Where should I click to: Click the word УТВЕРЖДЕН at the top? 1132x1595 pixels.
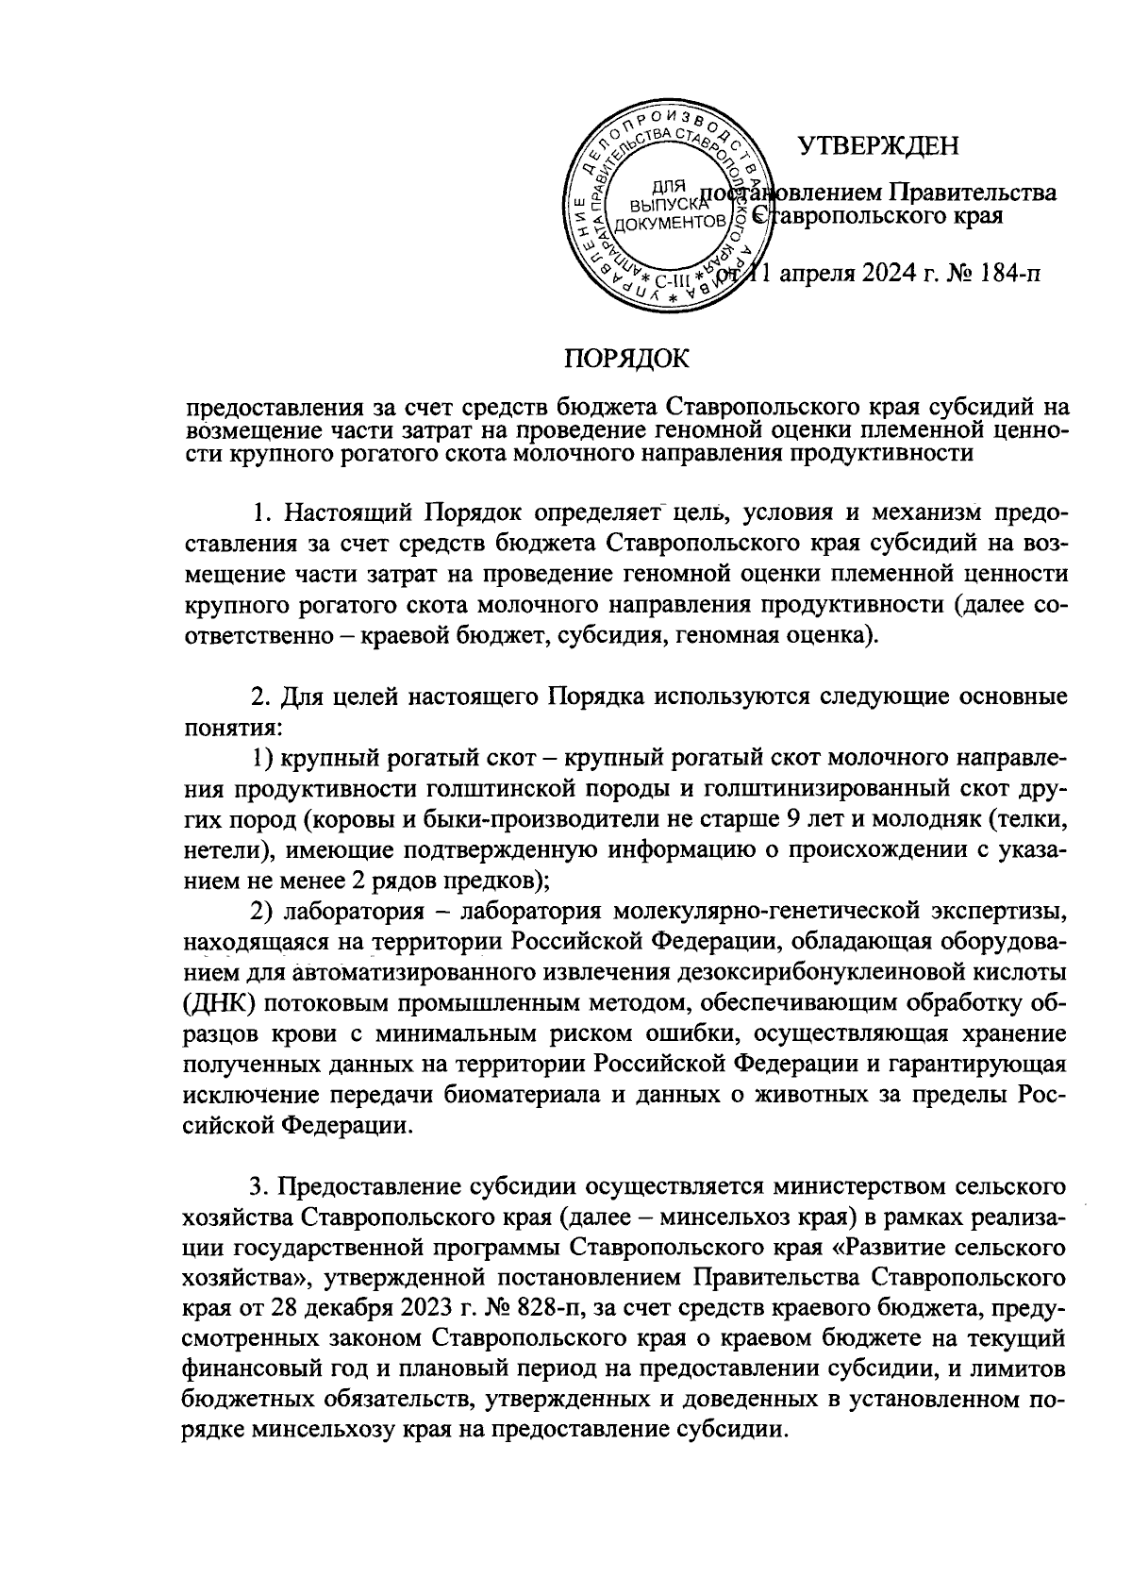pos(877,146)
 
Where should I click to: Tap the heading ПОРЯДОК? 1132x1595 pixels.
pos(626,359)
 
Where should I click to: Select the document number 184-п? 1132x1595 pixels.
pos(1004,275)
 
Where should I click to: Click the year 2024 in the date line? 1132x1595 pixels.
pos(881,275)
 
